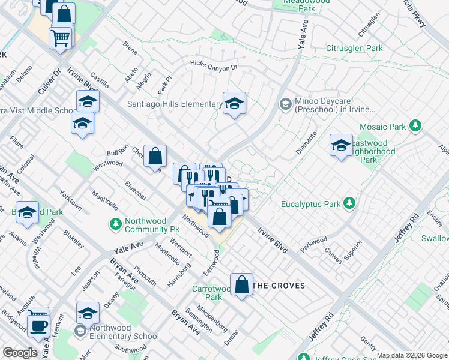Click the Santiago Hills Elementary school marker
click(234, 103)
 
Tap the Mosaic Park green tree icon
click(414, 126)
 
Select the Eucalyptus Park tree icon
click(348, 204)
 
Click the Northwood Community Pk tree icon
click(116, 224)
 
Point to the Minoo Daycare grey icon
click(286, 105)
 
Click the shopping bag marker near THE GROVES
click(241, 285)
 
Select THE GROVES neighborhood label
click(279, 286)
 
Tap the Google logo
click(20, 353)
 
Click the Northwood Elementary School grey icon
click(80, 331)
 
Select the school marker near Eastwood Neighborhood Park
click(341, 145)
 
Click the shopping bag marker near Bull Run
click(155, 157)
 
